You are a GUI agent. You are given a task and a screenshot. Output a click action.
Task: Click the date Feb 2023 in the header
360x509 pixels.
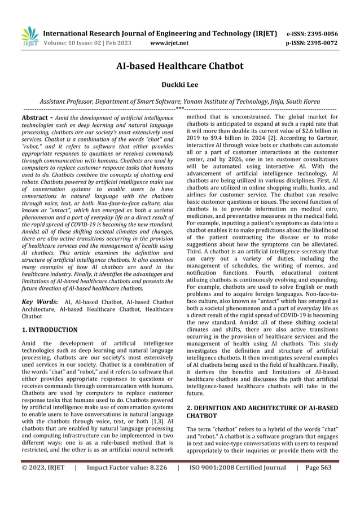coord(116,42)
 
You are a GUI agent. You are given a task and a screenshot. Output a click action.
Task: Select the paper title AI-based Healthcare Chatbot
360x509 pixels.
coord(179,66)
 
